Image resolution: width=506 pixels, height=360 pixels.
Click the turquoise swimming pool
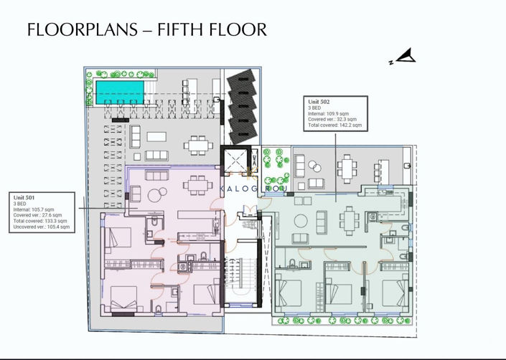pos(119,90)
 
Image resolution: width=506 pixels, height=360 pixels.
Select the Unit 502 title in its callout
pos(320,103)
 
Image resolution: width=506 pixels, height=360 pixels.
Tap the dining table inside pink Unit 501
pos(193,185)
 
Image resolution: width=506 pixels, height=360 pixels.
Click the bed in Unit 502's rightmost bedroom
pos(393,293)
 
